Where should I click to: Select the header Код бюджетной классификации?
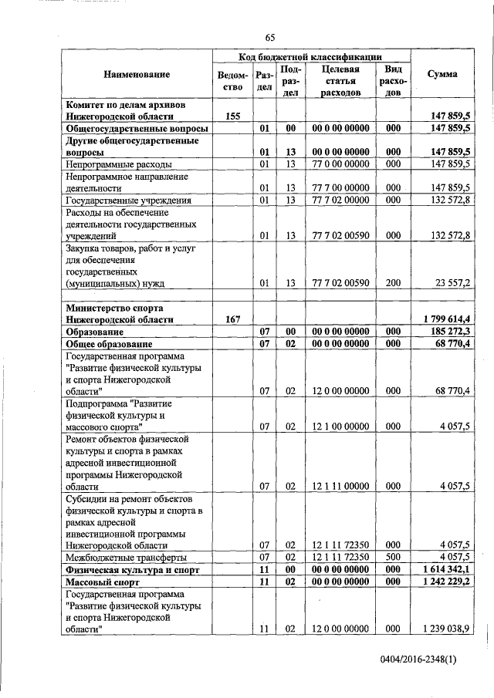coord(313,57)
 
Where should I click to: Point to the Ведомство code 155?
coord(233,116)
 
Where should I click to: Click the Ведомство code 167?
coord(233,319)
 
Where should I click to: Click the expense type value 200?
coord(393,283)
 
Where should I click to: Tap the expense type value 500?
coord(393,557)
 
